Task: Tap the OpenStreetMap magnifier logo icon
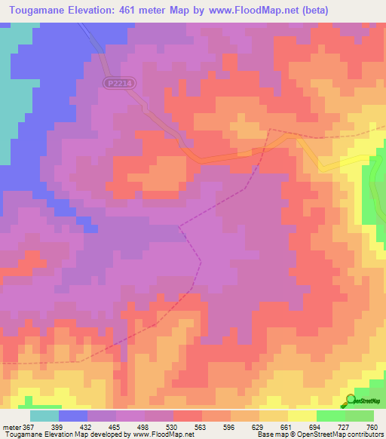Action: (x=351, y=400)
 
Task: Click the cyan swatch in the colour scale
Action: (x=44, y=416)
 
